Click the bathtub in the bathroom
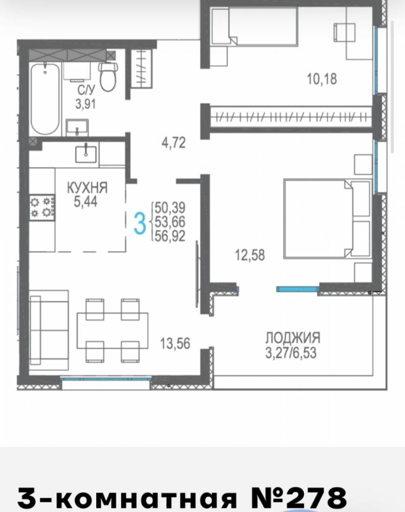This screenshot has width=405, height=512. pyautogui.click(x=46, y=99)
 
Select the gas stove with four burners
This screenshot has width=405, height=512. pyautogui.click(x=42, y=208)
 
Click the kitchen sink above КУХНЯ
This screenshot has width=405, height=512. pyautogui.click(x=86, y=154)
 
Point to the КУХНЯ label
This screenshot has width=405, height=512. pyautogui.click(x=87, y=188)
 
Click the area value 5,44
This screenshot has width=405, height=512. pyautogui.click(x=85, y=202)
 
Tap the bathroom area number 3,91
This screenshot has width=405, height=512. pyautogui.click(x=85, y=104)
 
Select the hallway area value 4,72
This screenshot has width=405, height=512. pyautogui.click(x=174, y=143)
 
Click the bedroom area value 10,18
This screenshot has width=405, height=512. pyautogui.click(x=322, y=79)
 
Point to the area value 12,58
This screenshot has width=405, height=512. pyautogui.click(x=250, y=255)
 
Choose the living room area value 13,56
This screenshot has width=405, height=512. pyautogui.click(x=175, y=344)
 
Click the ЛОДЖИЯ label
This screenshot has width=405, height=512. pyautogui.click(x=293, y=338)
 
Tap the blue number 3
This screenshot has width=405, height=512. pyautogui.click(x=140, y=223)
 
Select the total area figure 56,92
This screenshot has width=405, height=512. pyautogui.click(x=170, y=236)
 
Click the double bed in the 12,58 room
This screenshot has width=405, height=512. pyautogui.click(x=328, y=219)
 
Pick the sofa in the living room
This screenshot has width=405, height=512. pyautogui.click(x=49, y=330)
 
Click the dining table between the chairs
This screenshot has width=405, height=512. pyautogui.click(x=112, y=330)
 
